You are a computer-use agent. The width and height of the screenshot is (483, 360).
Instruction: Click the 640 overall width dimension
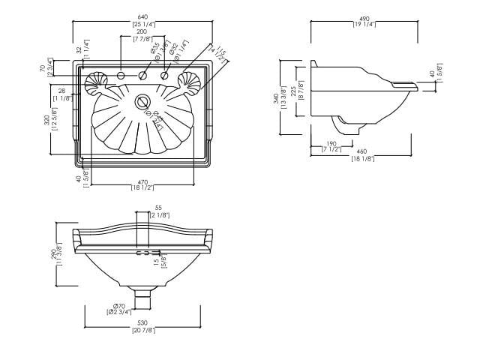click(x=143, y=16)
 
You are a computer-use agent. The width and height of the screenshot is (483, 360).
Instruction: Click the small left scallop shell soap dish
click(x=97, y=81)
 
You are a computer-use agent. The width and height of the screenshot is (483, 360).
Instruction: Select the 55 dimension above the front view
click(x=158, y=208)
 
